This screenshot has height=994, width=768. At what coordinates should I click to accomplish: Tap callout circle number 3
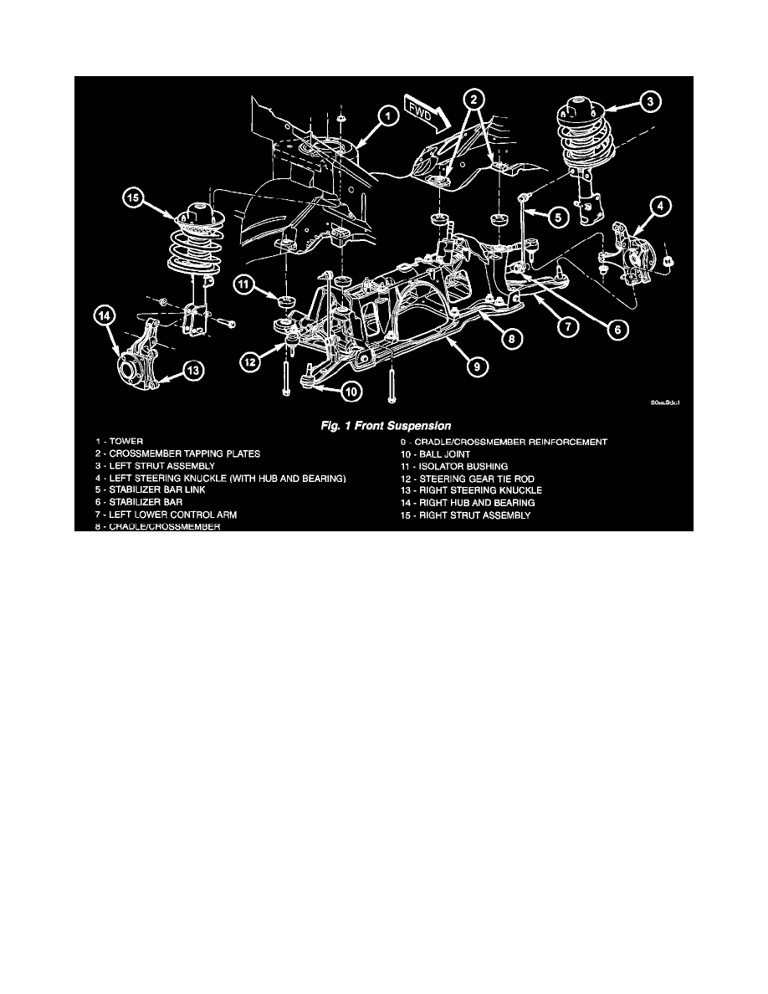(x=653, y=101)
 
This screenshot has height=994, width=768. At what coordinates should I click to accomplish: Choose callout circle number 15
(x=134, y=198)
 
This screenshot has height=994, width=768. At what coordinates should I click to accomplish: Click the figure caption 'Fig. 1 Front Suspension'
(x=386, y=424)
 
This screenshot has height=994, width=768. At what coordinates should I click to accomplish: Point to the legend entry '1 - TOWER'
(x=118, y=441)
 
